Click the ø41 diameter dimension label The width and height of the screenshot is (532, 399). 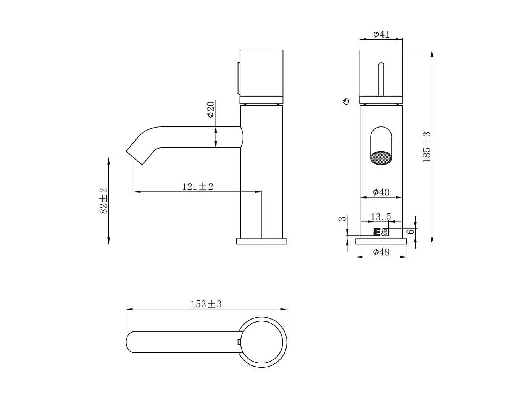[381, 34]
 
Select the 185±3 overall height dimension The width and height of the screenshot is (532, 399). [427, 147]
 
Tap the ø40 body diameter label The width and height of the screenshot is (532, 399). [381, 192]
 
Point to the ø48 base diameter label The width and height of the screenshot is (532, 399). [381, 252]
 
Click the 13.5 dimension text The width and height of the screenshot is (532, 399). [381, 217]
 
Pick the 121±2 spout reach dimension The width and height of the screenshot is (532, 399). [197, 187]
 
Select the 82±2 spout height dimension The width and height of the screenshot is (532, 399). [103, 201]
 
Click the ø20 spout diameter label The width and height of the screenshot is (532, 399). [211, 110]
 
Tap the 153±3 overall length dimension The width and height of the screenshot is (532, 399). [206, 304]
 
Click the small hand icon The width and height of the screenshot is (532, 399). [346, 101]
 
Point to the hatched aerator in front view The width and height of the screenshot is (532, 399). [381, 158]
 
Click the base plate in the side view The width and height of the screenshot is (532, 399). [261, 241]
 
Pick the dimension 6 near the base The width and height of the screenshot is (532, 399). [411, 232]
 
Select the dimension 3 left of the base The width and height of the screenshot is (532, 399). [343, 219]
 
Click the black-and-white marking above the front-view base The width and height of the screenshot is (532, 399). [381, 233]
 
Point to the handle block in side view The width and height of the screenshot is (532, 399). [261, 76]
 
